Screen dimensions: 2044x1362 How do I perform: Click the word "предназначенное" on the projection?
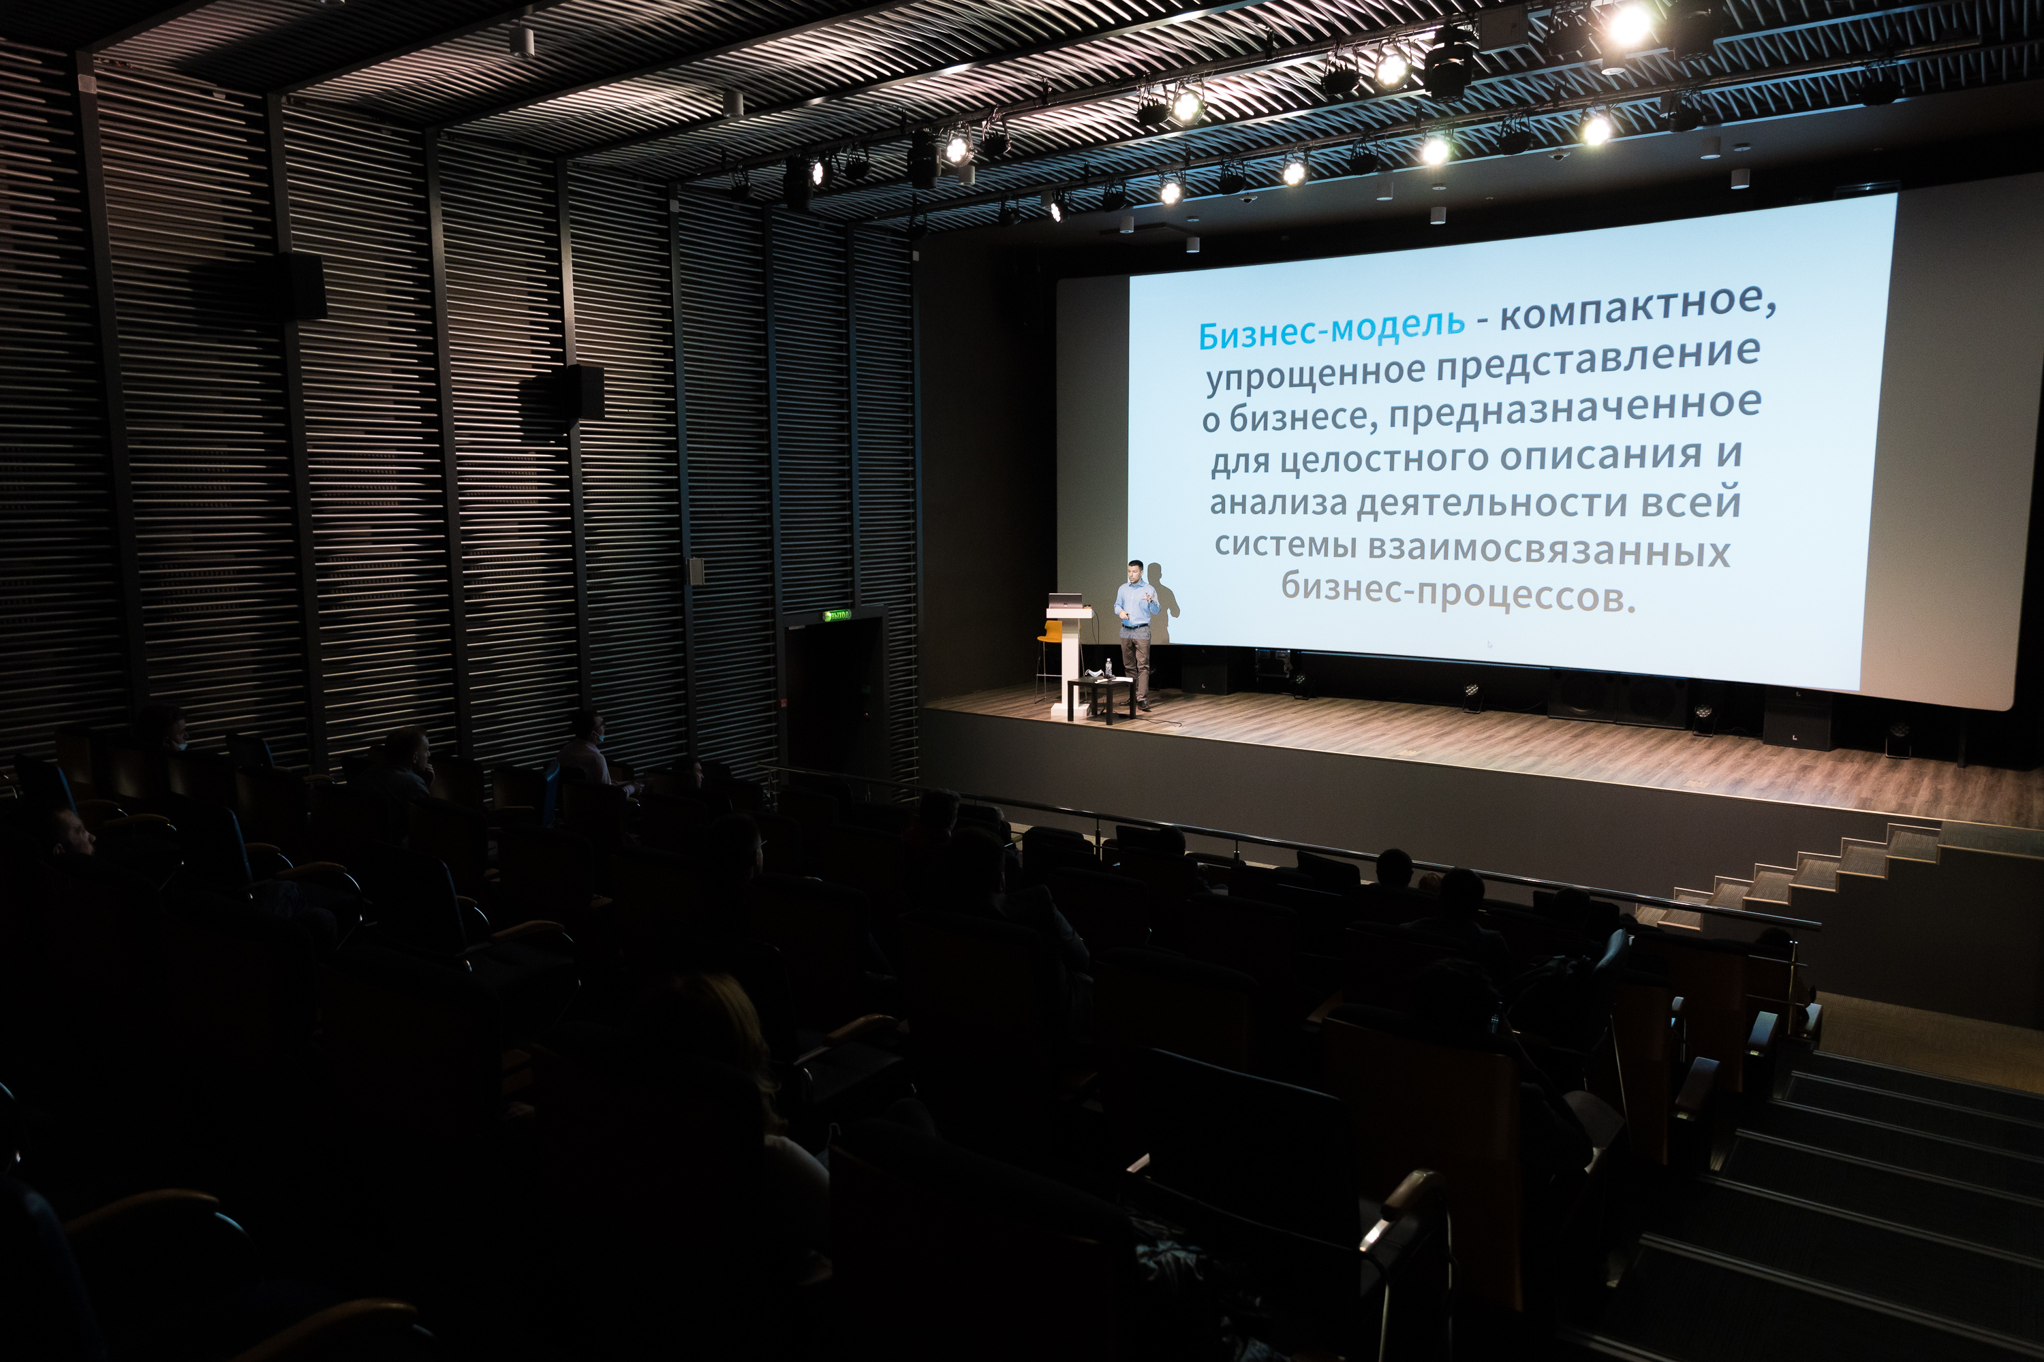[x=1575, y=410]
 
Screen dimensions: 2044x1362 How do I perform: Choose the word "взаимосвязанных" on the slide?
[x=1549, y=550]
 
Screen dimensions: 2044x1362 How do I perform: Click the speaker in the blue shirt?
[x=1135, y=631]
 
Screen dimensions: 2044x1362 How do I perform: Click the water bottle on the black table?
[x=1108, y=669]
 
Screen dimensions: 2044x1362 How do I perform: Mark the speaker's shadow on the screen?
[x=1164, y=599]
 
